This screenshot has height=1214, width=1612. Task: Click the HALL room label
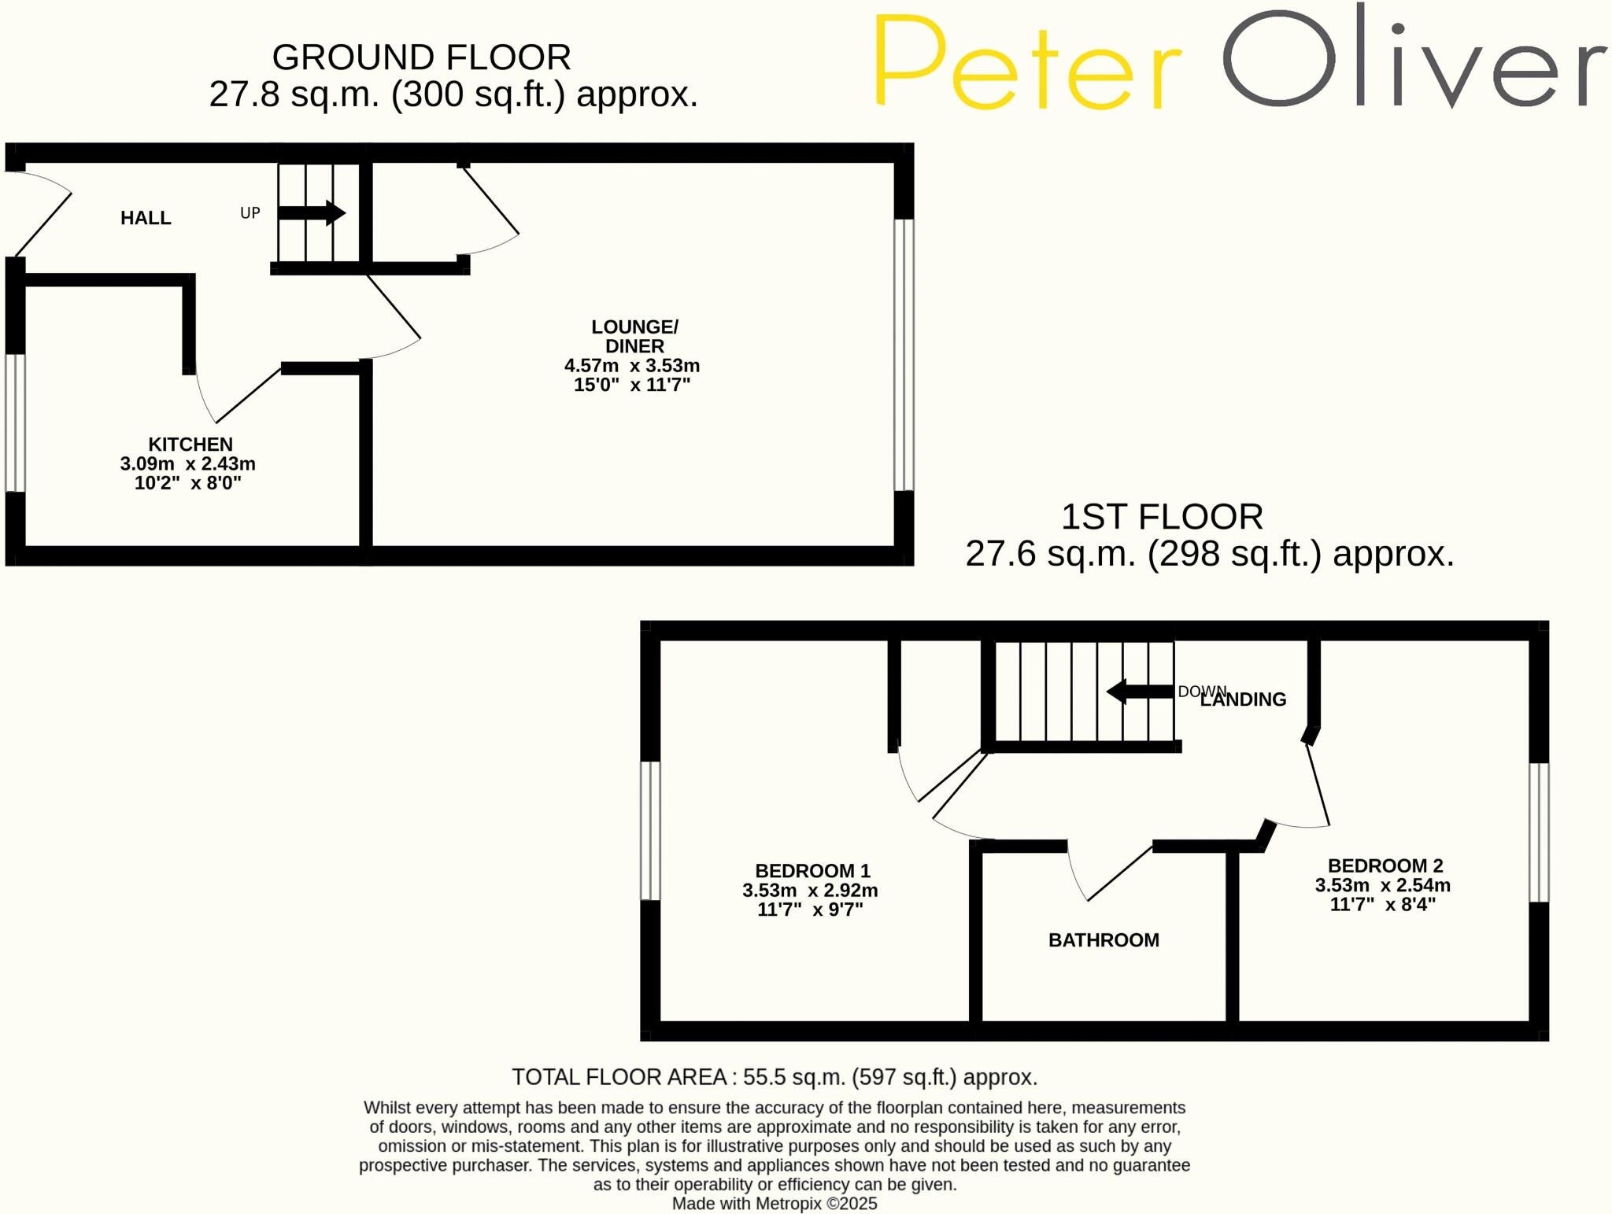[146, 218]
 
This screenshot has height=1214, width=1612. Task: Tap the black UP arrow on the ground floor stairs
[312, 212]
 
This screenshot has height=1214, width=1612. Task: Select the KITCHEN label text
[190, 444]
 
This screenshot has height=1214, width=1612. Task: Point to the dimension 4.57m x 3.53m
[632, 366]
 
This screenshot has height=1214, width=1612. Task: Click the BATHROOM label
[1104, 940]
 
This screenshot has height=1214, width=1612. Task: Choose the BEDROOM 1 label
[812, 871]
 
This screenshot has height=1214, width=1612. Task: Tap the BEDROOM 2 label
[1385, 865]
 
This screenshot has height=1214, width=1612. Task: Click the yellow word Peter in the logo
[1027, 63]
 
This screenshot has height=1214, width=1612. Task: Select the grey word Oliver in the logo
[1413, 59]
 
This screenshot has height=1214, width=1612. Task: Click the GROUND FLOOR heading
[421, 57]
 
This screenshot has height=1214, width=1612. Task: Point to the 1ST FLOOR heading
[1162, 517]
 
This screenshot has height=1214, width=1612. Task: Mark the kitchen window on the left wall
[15, 423]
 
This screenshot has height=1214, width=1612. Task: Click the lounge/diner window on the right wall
[904, 354]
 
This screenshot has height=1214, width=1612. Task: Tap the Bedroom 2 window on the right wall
[1539, 832]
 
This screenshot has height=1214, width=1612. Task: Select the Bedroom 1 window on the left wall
[650, 830]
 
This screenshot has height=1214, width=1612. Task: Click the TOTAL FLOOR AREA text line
[775, 1077]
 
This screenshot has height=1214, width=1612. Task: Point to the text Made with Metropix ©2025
[775, 1204]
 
